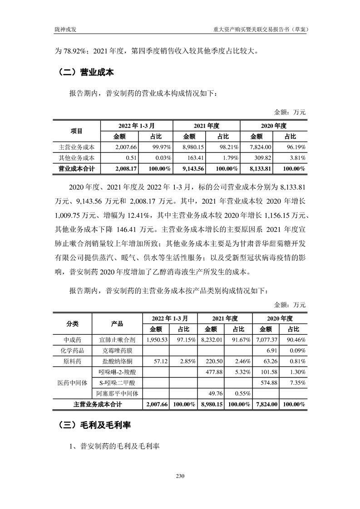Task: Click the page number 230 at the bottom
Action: click(180, 476)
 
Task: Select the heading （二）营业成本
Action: click(86, 72)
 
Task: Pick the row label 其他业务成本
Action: click(77, 158)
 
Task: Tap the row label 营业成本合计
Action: click(77, 169)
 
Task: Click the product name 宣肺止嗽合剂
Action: click(117, 339)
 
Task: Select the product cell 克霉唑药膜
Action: click(117, 350)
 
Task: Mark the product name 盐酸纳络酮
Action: click(117, 361)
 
